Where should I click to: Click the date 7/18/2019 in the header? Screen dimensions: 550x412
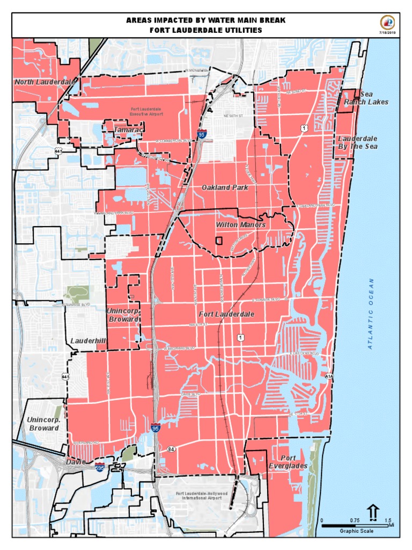click(388, 33)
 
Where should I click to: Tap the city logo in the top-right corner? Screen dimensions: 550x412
click(387, 23)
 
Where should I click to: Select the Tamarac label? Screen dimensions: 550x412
click(128, 130)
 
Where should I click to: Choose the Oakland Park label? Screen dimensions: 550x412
click(225, 187)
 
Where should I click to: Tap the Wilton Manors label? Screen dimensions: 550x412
click(241, 225)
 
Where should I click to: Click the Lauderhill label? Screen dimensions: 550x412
click(89, 341)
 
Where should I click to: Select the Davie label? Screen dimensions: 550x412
click(76, 461)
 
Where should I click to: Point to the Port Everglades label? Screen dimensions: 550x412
click(288, 462)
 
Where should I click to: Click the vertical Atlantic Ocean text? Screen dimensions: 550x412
click(371, 314)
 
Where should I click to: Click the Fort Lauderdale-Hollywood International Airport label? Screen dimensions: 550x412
click(202, 495)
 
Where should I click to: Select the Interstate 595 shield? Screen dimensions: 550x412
click(100, 467)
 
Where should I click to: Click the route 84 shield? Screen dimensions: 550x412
click(171, 448)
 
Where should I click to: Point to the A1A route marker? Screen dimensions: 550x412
click(329, 377)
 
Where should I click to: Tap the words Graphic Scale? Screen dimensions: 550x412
click(357, 531)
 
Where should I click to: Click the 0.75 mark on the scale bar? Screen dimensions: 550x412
click(355, 520)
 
